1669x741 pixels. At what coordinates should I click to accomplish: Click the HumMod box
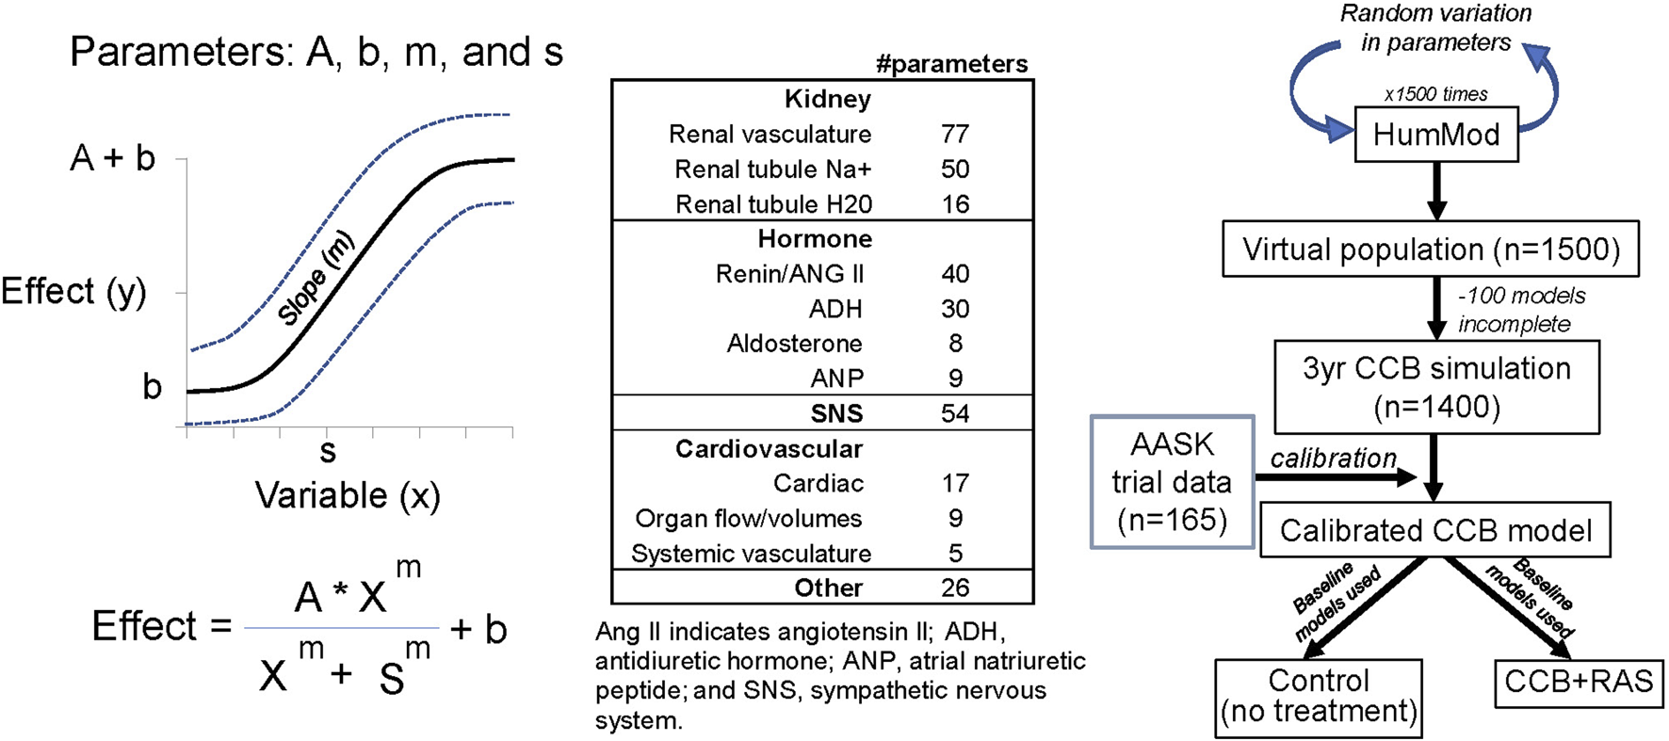coord(1435,135)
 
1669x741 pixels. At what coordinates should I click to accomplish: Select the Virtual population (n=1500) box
coord(1430,250)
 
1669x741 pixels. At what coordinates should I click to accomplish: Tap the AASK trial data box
coord(1172,482)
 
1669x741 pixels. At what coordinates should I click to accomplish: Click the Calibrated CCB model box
coord(1434,531)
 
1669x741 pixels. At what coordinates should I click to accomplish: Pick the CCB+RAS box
coord(1579,682)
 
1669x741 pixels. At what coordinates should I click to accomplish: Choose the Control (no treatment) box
coord(1318,697)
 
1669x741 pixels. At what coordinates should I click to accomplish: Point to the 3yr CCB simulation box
coord(1435,387)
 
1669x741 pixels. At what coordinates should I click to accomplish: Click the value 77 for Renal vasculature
coord(954,135)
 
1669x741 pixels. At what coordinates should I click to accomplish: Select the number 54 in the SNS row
coord(954,413)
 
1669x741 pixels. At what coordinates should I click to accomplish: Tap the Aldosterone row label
coord(794,344)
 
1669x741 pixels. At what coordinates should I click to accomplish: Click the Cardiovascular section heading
coord(769,449)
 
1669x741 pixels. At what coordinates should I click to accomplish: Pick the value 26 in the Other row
coord(954,588)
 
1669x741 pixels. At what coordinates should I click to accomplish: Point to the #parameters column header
coord(951,64)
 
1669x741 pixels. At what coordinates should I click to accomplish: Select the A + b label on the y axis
coord(113,158)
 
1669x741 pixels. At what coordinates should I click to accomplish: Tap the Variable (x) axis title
coord(348,495)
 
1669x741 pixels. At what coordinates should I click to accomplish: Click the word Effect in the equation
coord(144,626)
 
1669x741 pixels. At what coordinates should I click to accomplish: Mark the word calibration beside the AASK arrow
coord(1333,459)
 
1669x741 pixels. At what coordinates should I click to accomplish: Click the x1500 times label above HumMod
coord(1435,94)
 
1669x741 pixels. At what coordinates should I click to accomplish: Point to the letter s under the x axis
coord(328,452)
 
